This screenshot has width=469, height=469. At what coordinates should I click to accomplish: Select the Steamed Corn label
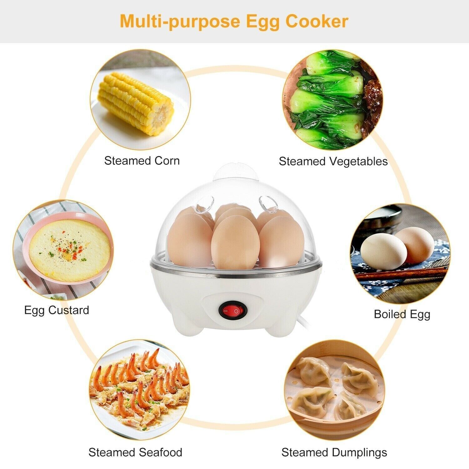click(142, 161)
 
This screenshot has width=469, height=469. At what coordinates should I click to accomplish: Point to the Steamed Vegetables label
click(333, 162)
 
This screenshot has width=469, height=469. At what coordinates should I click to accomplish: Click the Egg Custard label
click(57, 310)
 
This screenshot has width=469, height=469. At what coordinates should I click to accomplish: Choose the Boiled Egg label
click(402, 315)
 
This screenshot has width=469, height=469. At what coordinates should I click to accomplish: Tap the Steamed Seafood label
click(135, 452)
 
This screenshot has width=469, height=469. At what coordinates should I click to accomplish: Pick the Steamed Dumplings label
click(334, 452)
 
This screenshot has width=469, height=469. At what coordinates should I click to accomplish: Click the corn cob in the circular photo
click(136, 103)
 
